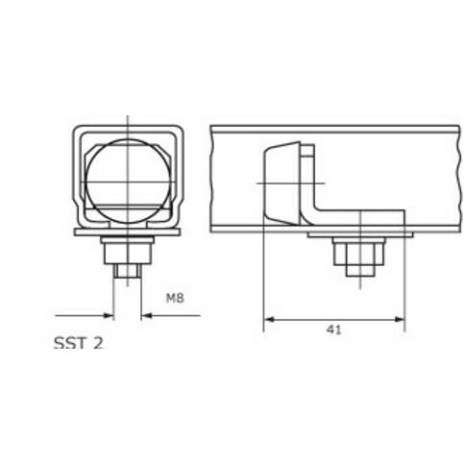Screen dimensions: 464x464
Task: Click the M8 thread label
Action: pyautogui.click(x=175, y=298)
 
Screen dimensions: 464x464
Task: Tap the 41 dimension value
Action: pyautogui.click(x=334, y=330)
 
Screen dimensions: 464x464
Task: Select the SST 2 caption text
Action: pyautogui.click(x=79, y=343)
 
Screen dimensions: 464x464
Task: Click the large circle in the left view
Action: pyautogui.click(x=128, y=182)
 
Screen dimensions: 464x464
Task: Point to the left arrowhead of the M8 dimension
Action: pyautogui.click(x=109, y=316)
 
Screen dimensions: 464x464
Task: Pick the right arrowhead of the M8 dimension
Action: pyautogui.click(x=147, y=316)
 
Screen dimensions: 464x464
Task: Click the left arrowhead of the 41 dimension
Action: pyautogui.click(x=269, y=319)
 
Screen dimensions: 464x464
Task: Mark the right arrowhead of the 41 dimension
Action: pyautogui.click(x=400, y=319)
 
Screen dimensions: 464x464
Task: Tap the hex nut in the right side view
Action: pyautogui.click(x=358, y=254)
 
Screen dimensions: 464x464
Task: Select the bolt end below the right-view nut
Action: pyautogui.click(x=360, y=271)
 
